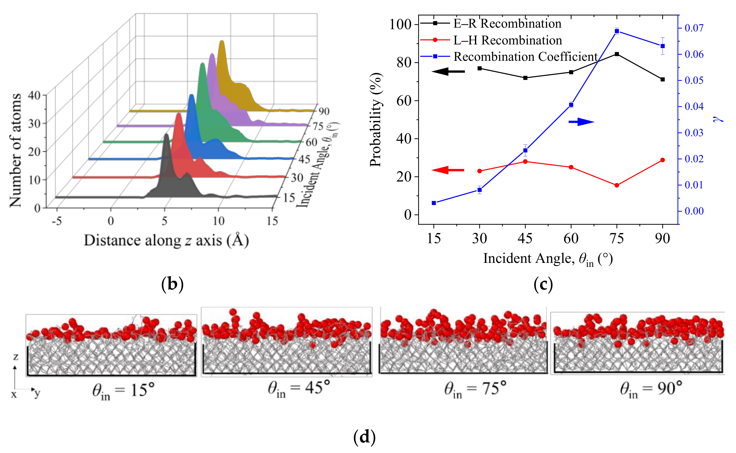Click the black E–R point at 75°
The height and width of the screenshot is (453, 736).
tap(617, 54)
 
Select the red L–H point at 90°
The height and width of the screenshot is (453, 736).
tap(663, 160)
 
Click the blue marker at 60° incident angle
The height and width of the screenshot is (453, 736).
tap(571, 105)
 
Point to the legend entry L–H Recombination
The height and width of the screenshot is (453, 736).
tap(507, 40)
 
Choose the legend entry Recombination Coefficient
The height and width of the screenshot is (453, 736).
tap(526, 56)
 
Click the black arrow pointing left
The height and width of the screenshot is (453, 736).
tap(448, 71)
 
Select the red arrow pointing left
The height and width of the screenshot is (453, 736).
tap(448, 170)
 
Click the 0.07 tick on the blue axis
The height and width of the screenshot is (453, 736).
tap(694, 28)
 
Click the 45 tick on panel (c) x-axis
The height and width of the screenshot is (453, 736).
tap(525, 239)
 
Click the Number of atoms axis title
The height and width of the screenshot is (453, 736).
tap(15, 150)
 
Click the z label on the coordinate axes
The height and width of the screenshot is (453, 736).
tap(15, 357)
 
